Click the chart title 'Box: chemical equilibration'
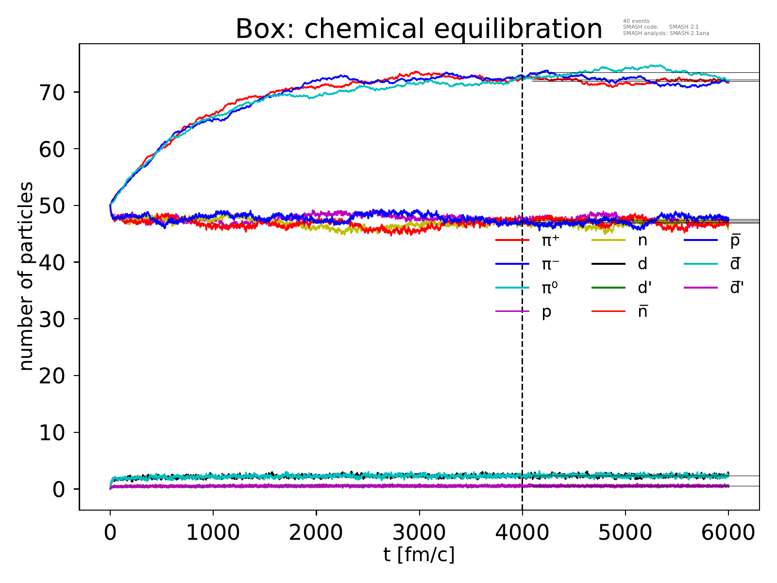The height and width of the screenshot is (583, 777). [x=419, y=29]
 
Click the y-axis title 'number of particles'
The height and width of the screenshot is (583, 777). [x=27, y=277]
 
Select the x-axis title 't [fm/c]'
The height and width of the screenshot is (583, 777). [x=419, y=555]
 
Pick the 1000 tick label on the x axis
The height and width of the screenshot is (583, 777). [x=213, y=532]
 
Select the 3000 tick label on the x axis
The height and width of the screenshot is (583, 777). [x=419, y=532]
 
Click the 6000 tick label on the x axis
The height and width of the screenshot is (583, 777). [x=728, y=532]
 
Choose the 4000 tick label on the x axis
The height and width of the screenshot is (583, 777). [x=522, y=532]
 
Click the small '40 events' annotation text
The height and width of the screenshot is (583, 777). [x=636, y=21]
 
